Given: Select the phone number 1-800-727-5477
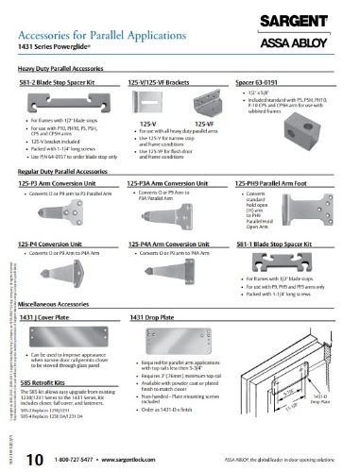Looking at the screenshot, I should click(x=77, y=459).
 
